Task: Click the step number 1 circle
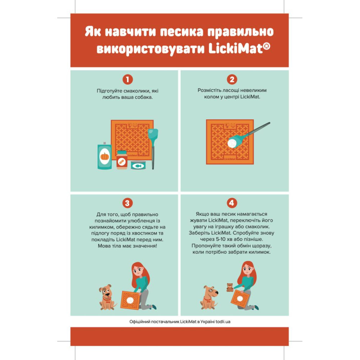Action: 128,80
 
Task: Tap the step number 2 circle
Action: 232,80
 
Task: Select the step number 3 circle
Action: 127,203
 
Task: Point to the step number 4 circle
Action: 231,203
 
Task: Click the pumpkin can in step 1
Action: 104,156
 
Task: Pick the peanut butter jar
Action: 122,160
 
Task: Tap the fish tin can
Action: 138,165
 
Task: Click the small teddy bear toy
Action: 230,287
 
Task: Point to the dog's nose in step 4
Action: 217,292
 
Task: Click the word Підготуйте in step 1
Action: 109,91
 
